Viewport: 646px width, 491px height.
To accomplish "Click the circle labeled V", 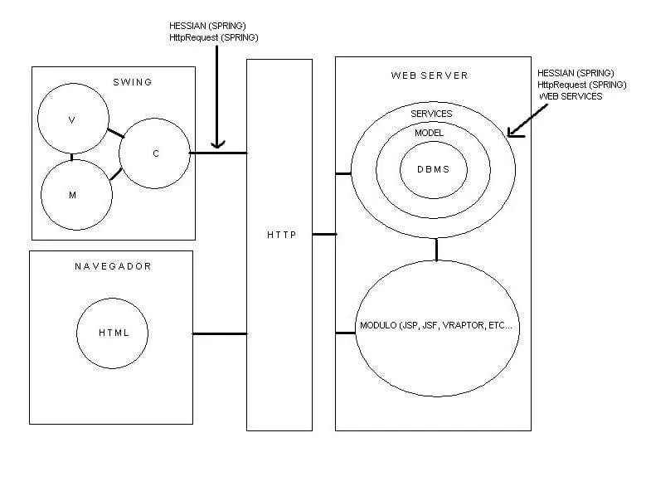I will coord(73,119).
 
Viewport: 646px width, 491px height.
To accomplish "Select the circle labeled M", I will coord(75,194).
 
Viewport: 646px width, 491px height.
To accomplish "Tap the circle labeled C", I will coord(154,153).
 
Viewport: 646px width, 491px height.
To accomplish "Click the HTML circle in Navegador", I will coord(114,333).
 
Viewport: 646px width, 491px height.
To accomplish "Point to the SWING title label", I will coord(133,81).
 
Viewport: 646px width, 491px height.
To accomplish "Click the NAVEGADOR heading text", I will coord(113,266).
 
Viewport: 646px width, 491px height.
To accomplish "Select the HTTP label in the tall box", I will coord(279,235).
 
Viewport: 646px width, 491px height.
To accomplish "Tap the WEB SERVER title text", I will coord(430,75).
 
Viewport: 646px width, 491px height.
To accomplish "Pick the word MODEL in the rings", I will coord(430,133).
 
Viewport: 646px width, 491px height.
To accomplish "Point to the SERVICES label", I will coord(431,114).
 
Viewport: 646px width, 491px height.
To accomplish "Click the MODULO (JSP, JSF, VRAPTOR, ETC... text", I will coord(436,325).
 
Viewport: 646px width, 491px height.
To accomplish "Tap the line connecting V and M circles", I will coord(72,156).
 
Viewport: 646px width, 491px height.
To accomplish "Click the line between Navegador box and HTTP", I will coord(220,334).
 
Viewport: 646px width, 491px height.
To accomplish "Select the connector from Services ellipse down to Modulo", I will coord(436,249).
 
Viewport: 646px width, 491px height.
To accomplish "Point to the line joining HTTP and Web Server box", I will coord(324,235).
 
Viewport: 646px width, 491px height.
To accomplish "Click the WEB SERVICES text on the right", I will coord(571,97).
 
